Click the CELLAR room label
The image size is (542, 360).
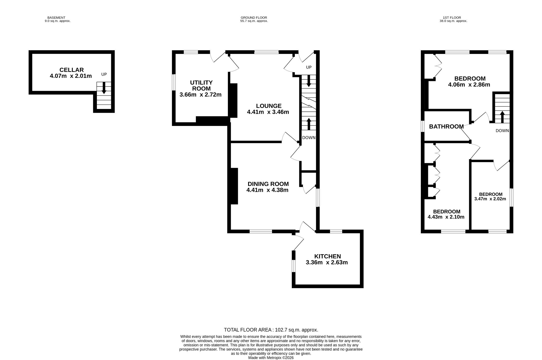click(71, 70)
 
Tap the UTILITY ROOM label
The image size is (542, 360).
click(201, 85)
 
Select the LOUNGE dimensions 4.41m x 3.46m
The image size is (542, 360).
click(268, 112)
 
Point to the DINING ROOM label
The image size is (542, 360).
click(268, 184)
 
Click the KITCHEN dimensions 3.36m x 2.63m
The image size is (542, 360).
click(327, 262)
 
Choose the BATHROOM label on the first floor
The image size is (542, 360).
click(446, 127)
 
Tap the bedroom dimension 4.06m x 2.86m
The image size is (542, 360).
click(469, 85)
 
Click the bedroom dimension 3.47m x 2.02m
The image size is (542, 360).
click(490, 199)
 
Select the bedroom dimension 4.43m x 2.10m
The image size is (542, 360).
click(446, 217)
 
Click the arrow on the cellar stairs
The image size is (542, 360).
click(104, 88)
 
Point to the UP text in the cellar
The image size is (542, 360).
click(104, 74)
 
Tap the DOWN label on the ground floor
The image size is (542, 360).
click(309, 138)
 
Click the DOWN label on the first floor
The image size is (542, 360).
click(502, 131)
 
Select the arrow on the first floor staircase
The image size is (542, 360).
click(502, 117)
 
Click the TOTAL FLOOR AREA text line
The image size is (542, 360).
click(271, 330)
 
